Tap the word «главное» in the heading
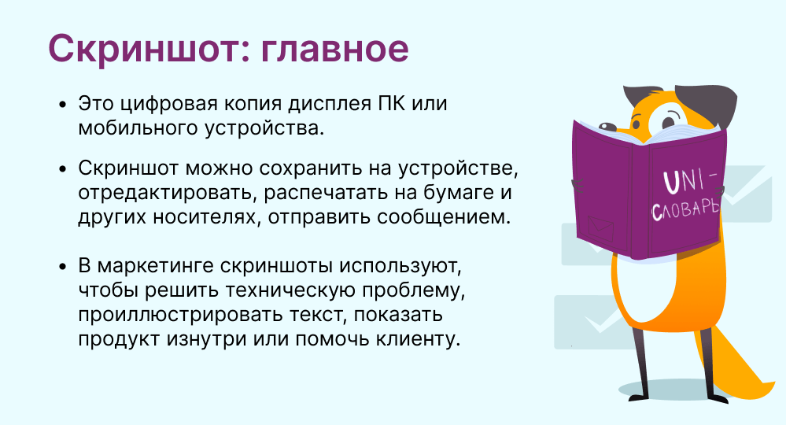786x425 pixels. point(335,49)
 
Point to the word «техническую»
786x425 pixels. point(290,290)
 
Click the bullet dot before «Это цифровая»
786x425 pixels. point(62,104)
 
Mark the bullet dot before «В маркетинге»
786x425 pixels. point(62,266)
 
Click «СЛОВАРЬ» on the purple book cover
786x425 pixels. point(686,209)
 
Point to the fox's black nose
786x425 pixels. point(607,127)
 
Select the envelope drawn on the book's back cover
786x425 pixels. point(600,229)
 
